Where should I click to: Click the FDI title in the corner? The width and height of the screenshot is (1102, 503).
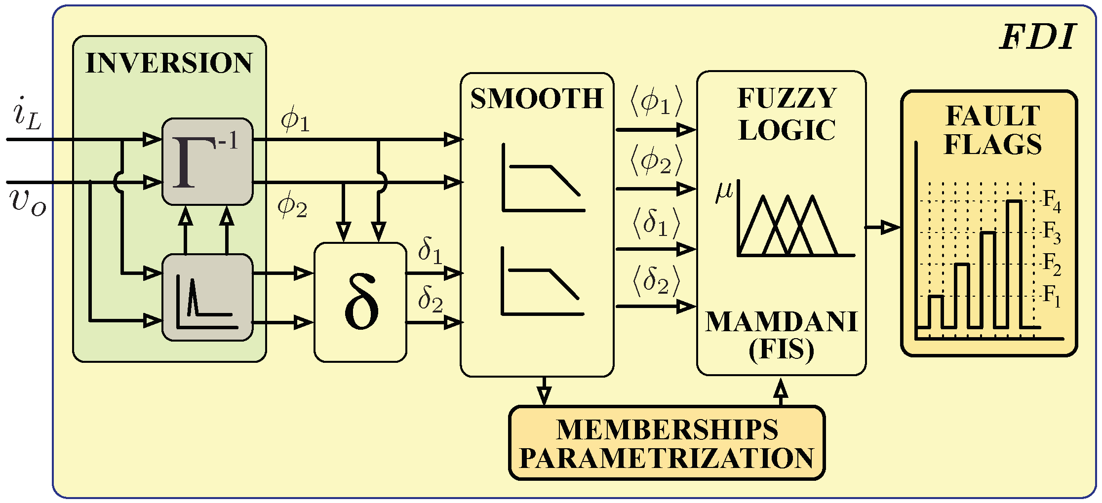point(1037,38)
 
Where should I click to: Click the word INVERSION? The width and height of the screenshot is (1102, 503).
point(169,63)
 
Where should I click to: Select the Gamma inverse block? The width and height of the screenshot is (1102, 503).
point(207,161)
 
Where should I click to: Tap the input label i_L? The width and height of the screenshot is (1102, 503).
point(27,117)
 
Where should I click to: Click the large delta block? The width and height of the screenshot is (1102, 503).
point(360,302)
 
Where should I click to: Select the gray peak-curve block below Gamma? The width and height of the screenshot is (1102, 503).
point(207,297)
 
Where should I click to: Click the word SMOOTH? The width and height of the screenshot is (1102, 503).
point(537,99)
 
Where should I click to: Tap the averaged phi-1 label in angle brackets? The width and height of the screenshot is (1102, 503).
point(656,102)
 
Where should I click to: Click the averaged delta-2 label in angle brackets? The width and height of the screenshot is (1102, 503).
point(656,281)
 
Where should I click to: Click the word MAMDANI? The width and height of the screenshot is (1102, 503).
point(781,322)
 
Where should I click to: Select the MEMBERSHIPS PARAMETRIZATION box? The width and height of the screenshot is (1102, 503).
point(667,443)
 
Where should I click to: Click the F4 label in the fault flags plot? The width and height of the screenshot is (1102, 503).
point(1052,200)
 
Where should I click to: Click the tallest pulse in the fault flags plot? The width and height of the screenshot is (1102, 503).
point(1014,262)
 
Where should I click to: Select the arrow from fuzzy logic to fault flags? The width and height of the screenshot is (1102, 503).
point(883,228)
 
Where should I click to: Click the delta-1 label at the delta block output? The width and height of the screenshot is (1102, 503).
point(430,250)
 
